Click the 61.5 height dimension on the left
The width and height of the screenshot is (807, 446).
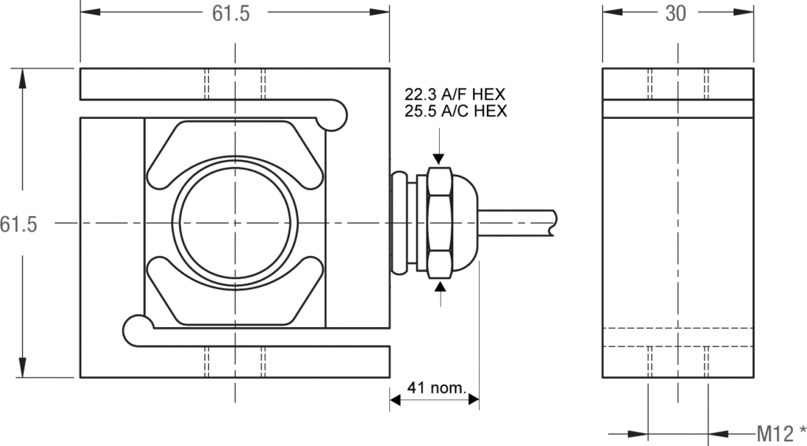tap(18, 224)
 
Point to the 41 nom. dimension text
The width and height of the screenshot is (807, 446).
tap(436, 388)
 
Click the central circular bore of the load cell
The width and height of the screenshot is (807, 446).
tap(235, 223)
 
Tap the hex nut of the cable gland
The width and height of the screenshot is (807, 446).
tap(438, 223)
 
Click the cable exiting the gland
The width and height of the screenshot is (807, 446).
tap(520, 223)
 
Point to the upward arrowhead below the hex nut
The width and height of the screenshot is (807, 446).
tap(438, 288)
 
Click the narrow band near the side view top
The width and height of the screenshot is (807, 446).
tap(675, 109)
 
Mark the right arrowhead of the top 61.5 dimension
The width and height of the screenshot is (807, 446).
tap(382, 14)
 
